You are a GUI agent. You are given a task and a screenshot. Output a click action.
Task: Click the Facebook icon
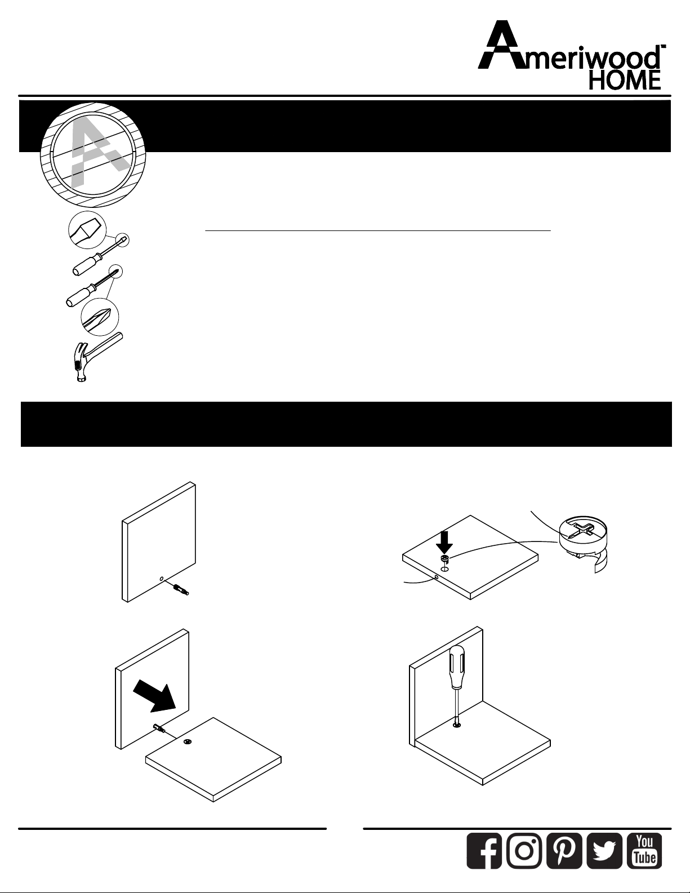[x=484, y=851]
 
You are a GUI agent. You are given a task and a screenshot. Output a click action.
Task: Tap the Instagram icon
[x=524, y=851]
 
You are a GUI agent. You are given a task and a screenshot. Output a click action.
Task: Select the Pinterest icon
[x=564, y=851]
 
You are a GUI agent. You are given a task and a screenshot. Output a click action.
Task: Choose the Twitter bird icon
[x=604, y=851]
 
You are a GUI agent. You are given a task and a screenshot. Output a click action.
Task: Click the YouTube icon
[x=644, y=851]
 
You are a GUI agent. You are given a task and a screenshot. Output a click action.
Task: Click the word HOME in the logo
[x=625, y=81]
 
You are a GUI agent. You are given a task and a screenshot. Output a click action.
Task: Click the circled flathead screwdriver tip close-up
[x=87, y=230]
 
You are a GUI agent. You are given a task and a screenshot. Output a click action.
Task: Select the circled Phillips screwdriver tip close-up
[x=100, y=318]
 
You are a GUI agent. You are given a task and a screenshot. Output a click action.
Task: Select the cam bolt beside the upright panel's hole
[x=181, y=590]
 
